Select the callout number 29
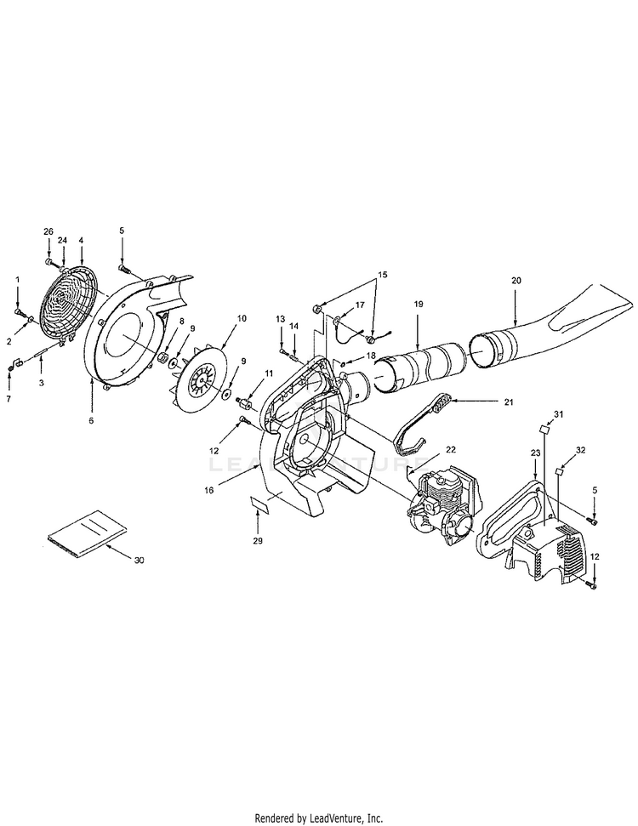pyautogui.click(x=258, y=540)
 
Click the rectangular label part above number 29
pyautogui.click(x=260, y=507)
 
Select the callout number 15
pyautogui.click(x=382, y=274)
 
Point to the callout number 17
pyautogui.click(x=360, y=304)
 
